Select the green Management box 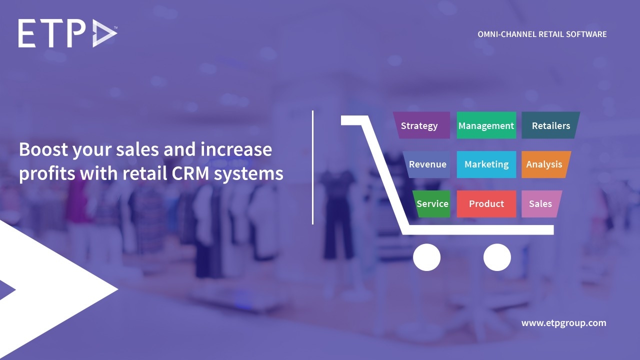(486, 125)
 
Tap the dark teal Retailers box (550, 125)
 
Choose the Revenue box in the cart (427, 164)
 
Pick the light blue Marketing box (486, 164)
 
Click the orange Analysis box (544, 164)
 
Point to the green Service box (432, 204)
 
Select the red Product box (486, 204)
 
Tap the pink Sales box (540, 204)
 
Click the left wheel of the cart (427, 257)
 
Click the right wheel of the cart (497, 257)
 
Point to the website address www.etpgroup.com (563, 323)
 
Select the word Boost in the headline (42, 149)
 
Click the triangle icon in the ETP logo (104, 34)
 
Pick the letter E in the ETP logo (28, 34)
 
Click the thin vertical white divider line (313, 167)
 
